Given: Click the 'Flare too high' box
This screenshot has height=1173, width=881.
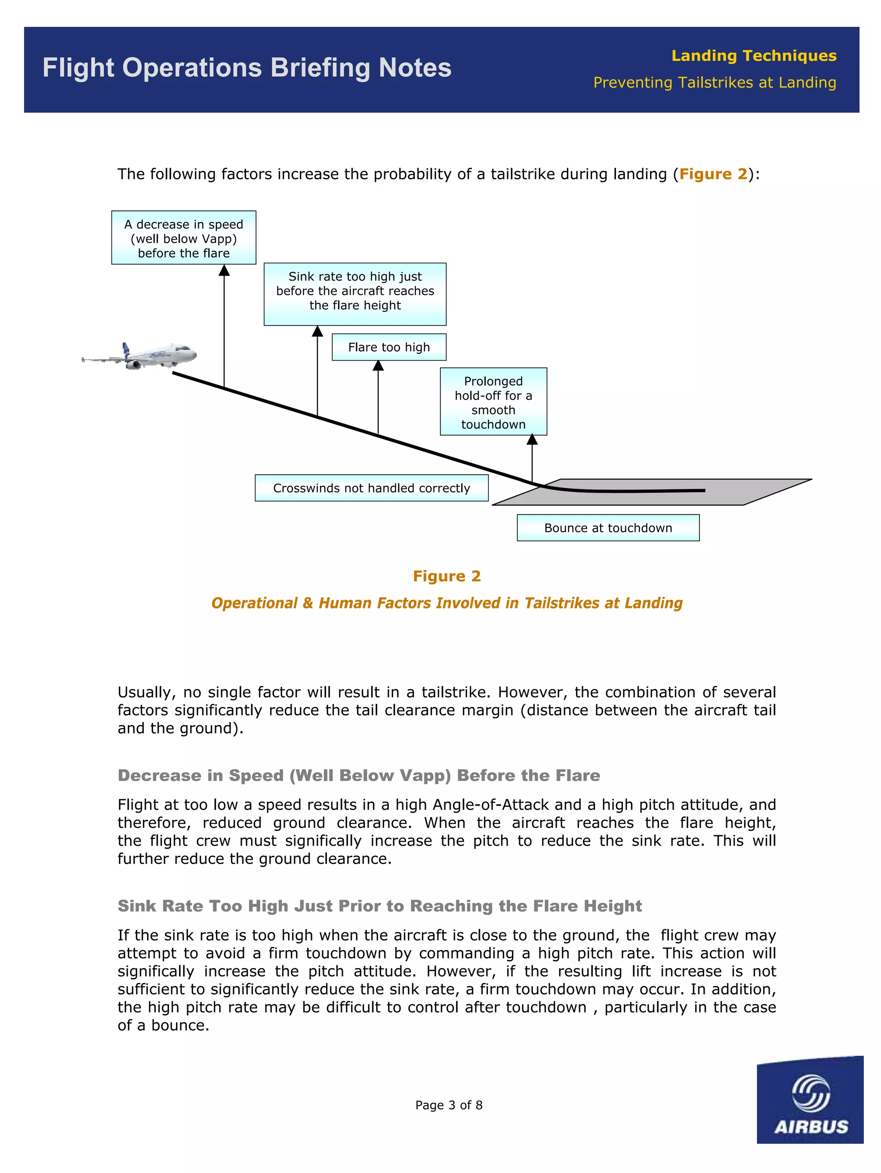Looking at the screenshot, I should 388,347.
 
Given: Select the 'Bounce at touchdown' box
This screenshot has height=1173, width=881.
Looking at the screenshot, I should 607,528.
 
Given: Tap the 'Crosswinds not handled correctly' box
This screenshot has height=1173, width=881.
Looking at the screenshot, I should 371,488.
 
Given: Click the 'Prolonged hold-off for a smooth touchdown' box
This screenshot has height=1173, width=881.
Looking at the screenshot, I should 493,402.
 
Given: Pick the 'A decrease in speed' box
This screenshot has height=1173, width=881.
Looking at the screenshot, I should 183,238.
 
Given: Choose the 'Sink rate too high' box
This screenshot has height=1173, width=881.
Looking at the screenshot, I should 354,294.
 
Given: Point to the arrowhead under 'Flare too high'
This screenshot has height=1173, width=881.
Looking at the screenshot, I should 378,366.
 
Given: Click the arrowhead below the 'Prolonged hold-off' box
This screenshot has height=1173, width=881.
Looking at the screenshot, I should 532,440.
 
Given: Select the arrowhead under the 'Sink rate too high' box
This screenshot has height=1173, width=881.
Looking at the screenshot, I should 317,331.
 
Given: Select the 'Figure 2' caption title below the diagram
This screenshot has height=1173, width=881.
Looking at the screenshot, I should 447,576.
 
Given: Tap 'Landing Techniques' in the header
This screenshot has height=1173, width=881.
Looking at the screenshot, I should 753,56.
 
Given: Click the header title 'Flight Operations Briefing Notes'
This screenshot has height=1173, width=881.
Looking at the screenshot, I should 247,68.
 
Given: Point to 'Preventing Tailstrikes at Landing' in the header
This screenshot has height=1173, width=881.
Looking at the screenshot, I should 714,83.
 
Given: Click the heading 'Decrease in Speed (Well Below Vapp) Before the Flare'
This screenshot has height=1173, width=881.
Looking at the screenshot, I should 358,775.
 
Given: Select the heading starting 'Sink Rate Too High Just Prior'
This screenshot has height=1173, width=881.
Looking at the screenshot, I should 379,906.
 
